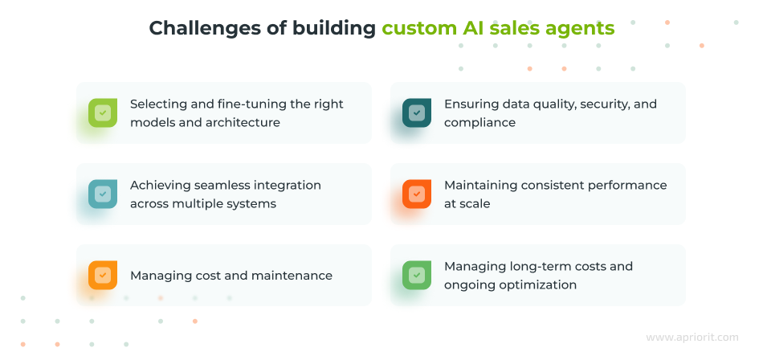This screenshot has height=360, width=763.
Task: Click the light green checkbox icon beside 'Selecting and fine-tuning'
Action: click(102, 112)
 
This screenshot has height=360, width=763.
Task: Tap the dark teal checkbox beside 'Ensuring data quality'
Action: click(416, 112)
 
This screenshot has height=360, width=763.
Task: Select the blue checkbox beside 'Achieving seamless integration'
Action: click(102, 194)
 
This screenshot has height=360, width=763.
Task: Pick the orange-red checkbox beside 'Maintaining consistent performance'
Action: click(416, 194)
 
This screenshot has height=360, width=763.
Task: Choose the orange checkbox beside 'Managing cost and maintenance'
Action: click(102, 275)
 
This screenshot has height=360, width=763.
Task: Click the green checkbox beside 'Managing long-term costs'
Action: click(416, 275)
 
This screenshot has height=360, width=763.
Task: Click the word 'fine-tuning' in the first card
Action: click(251, 104)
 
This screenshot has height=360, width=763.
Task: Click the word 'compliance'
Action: click(479, 123)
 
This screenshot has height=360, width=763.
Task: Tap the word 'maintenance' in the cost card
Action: click(292, 276)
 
